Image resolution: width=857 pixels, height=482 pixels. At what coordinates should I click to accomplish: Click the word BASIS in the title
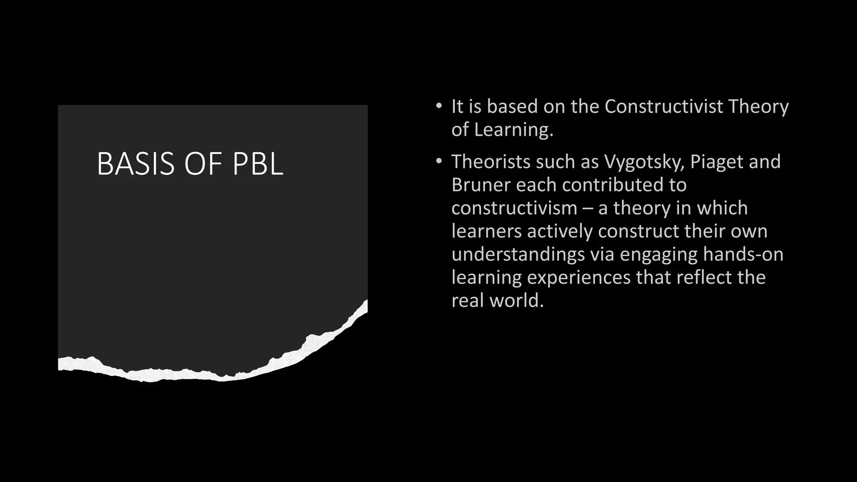point(135,164)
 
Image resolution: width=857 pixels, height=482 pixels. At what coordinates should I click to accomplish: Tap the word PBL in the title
point(258,164)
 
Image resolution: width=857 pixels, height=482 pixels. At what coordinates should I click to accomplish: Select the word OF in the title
point(203,164)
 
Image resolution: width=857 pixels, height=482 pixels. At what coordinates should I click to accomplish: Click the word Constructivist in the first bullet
point(664,106)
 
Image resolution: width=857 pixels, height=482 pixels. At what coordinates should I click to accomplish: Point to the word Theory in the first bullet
point(758,107)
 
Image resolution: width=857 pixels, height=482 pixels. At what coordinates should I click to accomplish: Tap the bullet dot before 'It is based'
point(438,106)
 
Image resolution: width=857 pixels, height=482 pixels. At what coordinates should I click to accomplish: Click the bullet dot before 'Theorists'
point(438,161)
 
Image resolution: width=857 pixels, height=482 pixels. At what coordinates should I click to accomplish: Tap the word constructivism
point(514,208)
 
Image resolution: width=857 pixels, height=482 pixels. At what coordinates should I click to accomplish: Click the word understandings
point(518,255)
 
